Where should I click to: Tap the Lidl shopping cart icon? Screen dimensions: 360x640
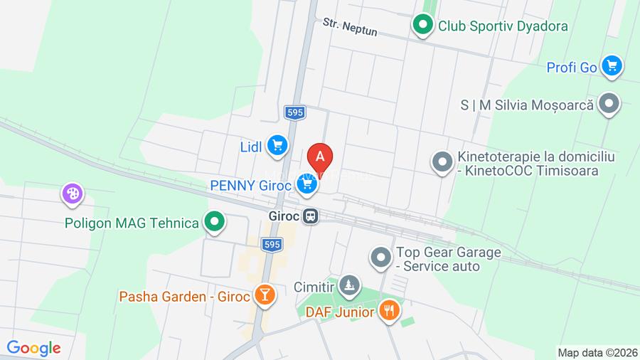coord(277,146)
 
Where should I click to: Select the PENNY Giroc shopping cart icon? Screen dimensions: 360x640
coord(307,185)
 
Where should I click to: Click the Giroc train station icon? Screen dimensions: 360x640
coord(310,216)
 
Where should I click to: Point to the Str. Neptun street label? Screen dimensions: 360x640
coord(350,27)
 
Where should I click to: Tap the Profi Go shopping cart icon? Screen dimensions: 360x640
coord(611,67)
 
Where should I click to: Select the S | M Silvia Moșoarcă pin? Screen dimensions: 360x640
coord(609,104)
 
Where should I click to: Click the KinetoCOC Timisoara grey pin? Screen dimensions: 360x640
coord(442,163)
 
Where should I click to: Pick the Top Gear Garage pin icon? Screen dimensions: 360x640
coord(381,258)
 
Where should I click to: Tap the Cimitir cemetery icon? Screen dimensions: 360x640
coord(348,287)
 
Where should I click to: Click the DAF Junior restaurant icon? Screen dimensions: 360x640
coord(389,310)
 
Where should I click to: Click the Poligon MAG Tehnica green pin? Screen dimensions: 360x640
coord(214,223)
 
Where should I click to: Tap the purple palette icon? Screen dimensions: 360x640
coord(73,193)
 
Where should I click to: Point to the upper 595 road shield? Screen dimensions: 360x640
coord(295,112)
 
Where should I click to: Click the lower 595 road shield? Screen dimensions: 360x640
coord(272,244)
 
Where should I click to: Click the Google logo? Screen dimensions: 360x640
coord(34,348)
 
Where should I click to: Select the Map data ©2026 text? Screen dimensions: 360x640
coord(597,352)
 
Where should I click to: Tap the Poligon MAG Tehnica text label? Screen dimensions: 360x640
coord(132,223)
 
